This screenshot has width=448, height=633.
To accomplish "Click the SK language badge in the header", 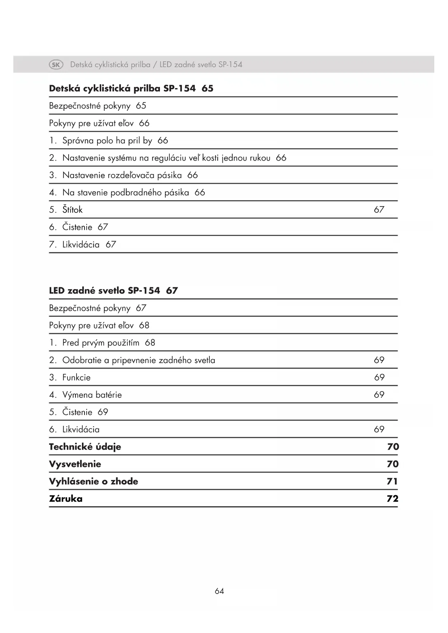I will [x=56, y=65].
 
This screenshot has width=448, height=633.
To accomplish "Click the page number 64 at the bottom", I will [x=219, y=591].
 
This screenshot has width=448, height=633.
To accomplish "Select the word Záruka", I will [x=66, y=499].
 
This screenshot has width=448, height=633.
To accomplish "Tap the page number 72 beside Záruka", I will [x=392, y=499].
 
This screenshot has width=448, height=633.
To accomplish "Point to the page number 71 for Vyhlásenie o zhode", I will [x=392, y=481].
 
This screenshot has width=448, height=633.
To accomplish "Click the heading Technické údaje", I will [x=85, y=447].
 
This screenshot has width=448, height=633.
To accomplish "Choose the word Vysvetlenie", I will [x=75, y=464].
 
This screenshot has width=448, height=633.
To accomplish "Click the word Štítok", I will [x=72, y=210].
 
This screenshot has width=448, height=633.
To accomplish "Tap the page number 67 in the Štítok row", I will [x=379, y=210].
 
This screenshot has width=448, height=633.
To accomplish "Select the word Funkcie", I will [x=76, y=377].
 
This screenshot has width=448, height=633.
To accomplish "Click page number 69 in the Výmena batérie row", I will [x=379, y=395].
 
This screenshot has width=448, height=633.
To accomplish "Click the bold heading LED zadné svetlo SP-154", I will [x=104, y=291].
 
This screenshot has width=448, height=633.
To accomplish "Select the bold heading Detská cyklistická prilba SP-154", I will [x=122, y=88].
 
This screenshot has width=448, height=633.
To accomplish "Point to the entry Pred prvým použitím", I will [x=101, y=343].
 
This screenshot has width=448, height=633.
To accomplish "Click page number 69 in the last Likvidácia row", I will [x=379, y=429].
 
